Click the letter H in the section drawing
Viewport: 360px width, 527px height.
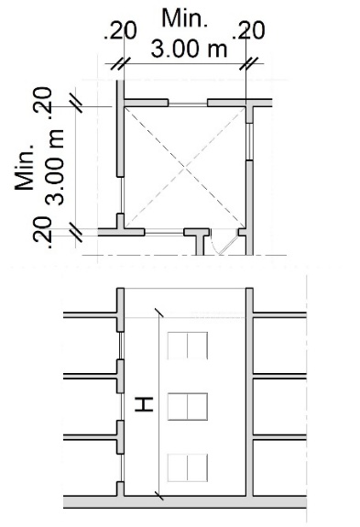144,404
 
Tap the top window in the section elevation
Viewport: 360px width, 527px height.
188,346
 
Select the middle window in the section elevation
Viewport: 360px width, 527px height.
188,406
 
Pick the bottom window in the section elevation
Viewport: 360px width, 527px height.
188,467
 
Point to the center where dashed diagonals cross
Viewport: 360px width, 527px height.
185,167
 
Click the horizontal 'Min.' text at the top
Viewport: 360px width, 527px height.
185,18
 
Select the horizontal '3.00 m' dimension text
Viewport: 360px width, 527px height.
189,49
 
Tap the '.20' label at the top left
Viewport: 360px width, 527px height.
120,31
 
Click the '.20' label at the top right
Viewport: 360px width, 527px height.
248,31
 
